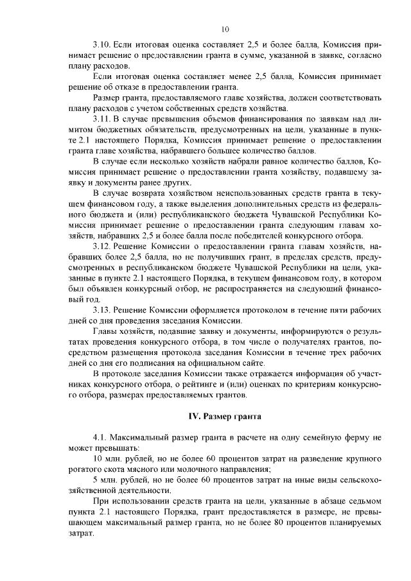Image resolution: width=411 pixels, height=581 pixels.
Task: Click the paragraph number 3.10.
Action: pyautogui.click(x=101, y=46)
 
